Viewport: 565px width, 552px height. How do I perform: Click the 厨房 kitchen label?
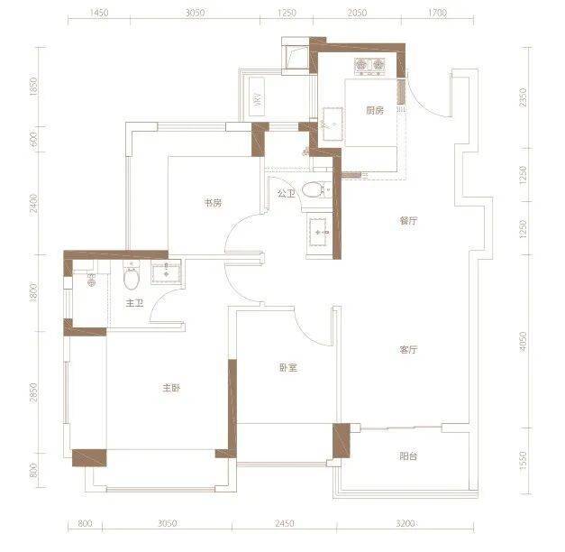(375, 110)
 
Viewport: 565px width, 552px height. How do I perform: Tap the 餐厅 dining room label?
(408, 220)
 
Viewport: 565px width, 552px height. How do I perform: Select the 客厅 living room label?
(408, 349)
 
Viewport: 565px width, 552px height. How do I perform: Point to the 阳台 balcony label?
(408, 456)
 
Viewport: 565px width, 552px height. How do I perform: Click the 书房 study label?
(213, 203)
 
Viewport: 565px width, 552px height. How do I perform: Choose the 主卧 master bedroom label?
(171, 388)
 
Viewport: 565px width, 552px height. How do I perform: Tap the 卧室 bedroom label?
(288, 368)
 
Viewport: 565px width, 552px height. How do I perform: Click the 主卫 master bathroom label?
(134, 303)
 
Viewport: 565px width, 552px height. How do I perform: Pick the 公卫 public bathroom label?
(286, 193)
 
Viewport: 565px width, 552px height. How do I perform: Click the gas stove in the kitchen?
(369, 67)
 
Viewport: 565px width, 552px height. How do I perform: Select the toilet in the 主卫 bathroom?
(132, 276)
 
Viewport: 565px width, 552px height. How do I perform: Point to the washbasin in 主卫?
(166, 274)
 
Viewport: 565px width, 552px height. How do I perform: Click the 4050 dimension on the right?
(523, 341)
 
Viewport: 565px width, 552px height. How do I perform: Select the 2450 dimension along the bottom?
(285, 523)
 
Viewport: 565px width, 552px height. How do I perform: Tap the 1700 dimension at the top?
(437, 13)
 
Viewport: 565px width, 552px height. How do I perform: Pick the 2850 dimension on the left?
(33, 392)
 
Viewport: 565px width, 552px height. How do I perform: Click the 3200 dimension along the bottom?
(406, 523)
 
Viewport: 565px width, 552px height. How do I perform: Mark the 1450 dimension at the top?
(99, 13)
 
